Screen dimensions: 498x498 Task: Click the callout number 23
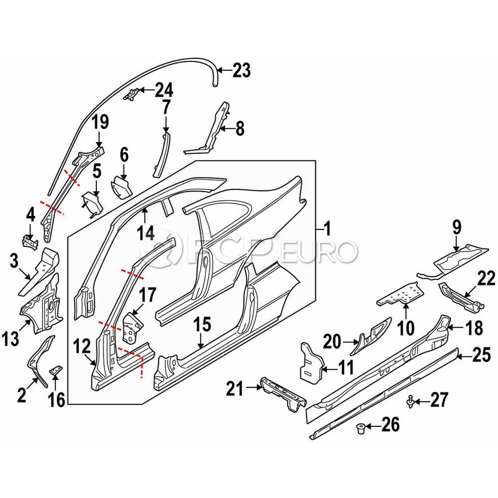241,71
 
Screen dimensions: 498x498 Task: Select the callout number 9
456,226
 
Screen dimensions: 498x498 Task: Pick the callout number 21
235,389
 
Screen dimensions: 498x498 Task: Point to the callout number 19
100,121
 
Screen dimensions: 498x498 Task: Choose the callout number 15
203,325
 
